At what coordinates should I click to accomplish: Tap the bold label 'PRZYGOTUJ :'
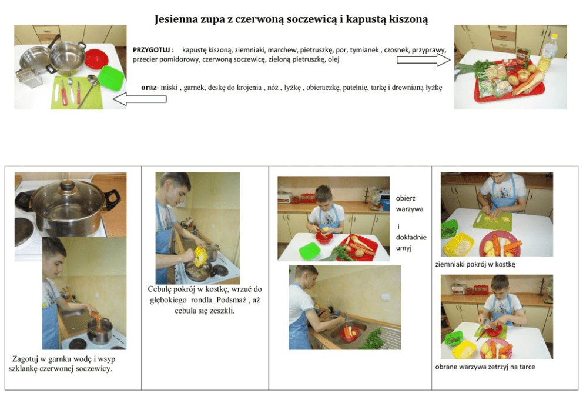click(153, 50)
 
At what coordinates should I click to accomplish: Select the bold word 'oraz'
click(149, 88)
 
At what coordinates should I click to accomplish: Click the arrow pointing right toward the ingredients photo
click(424, 60)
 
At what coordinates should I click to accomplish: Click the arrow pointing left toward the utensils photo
click(139, 99)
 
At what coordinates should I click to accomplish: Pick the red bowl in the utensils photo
click(96, 59)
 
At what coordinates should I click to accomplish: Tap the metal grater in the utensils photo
click(29, 78)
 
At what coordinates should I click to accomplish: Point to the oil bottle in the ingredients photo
click(549, 48)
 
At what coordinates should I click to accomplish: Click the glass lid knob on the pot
click(68, 185)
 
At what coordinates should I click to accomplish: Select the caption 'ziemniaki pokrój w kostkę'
click(475, 265)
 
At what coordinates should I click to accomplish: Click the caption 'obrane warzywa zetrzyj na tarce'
click(485, 367)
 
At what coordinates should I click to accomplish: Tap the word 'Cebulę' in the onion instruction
click(159, 289)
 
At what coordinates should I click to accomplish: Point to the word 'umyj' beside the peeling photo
click(404, 248)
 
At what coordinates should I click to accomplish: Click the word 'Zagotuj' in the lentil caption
click(25, 359)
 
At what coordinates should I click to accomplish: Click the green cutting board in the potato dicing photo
click(492, 221)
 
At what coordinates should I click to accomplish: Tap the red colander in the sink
click(350, 334)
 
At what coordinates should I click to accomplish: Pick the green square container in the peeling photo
click(310, 250)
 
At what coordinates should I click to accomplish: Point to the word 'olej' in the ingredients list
click(333, 59)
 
